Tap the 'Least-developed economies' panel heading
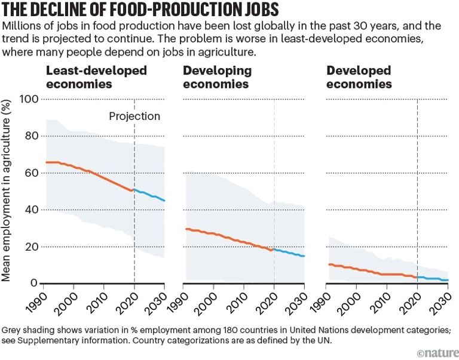[x=96, y=77]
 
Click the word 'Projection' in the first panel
[x=134, y=116]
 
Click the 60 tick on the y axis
[x=30, y=173]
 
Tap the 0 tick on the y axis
[x=34, y=284]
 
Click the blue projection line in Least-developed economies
[x=149, y=195]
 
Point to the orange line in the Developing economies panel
[x=227, y=237]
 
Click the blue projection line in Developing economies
[x=290, y=253]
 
